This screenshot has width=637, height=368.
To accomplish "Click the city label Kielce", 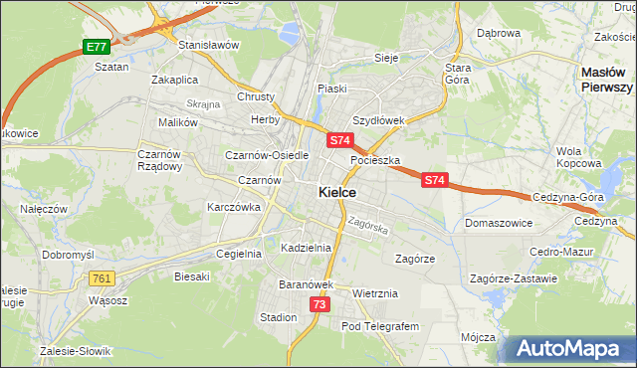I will point(337,192).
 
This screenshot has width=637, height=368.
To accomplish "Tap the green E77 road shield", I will point(96,47).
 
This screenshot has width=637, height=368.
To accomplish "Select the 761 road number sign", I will point(101,279).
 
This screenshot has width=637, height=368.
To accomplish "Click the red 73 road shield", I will point(318,304).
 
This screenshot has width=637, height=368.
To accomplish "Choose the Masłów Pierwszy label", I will point(607,80).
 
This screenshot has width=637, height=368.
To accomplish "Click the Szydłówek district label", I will point(378,120).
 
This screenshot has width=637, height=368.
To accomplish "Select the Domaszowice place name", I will point(498,224).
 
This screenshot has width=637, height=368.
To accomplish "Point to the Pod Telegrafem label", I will point(380,326).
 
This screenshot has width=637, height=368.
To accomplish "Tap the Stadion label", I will point(278,317).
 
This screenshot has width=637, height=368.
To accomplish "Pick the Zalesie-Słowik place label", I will point(76,351).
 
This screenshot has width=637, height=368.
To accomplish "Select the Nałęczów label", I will point(43,209).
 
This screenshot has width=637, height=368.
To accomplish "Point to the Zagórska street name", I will point(368,226).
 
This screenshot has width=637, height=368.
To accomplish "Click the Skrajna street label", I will point(202,104).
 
